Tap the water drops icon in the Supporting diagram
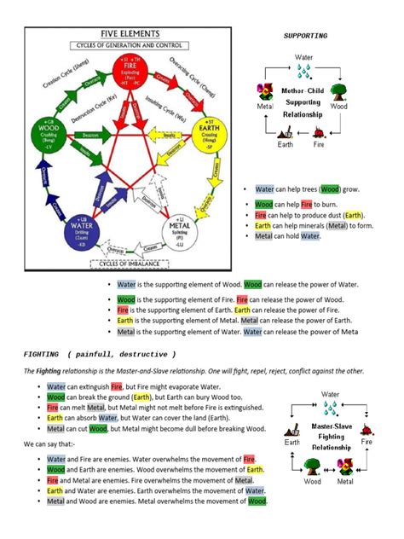coord(304,73)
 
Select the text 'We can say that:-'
coord(53,445)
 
